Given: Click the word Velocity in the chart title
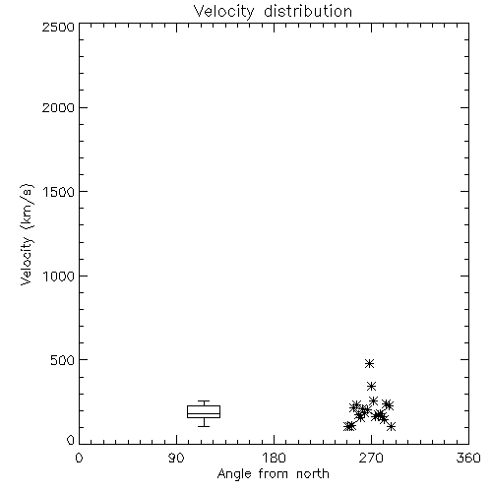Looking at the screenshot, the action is point(224,12).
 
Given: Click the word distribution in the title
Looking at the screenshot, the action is point(308,11).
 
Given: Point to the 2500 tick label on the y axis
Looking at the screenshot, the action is point(58,27).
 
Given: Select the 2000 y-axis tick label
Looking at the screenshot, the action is point(58,107).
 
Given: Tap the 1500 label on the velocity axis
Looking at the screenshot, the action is point(59,192).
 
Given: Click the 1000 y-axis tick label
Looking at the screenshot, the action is point(59,276).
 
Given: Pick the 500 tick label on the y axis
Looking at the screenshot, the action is point(63,360).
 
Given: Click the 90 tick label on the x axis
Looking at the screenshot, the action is point(176,458).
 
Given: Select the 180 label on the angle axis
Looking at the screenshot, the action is point(274,458).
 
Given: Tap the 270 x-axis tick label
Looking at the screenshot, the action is point(371,458).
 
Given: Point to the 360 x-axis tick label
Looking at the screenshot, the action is point(468,458).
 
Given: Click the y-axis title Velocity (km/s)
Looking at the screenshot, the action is point(27,234).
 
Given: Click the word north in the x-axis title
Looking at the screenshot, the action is point(313,474).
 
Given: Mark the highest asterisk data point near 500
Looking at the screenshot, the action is point(370,363).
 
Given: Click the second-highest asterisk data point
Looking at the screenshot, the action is point(371,386).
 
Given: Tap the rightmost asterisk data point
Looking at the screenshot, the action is point(391,426).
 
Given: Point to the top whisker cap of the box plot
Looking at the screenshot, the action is point(204,400).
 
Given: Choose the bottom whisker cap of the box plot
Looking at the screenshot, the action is point(204,426).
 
